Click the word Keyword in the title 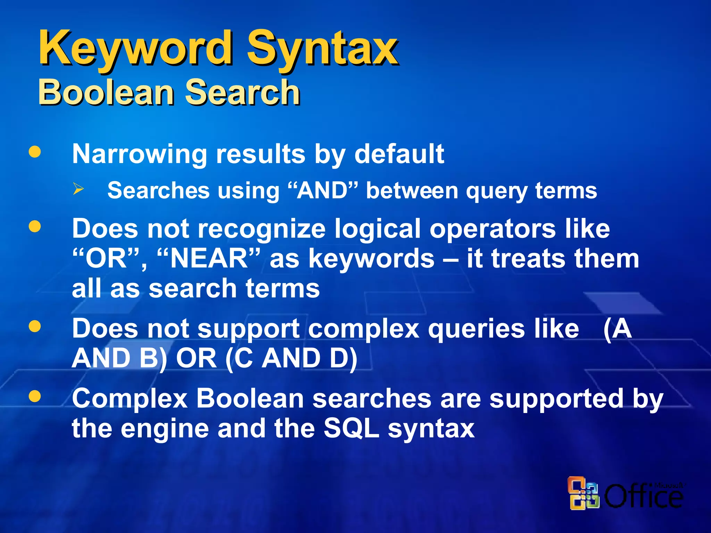point(135,49)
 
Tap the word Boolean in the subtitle point(106,92)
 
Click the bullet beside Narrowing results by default point(35,152)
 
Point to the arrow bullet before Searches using point(78,189)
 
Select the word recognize point(262,229)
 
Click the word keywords point(371,259)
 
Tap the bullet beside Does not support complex point(35,326)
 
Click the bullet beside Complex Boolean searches point(35,396)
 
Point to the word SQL point(351,429)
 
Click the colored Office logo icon point(584,493)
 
